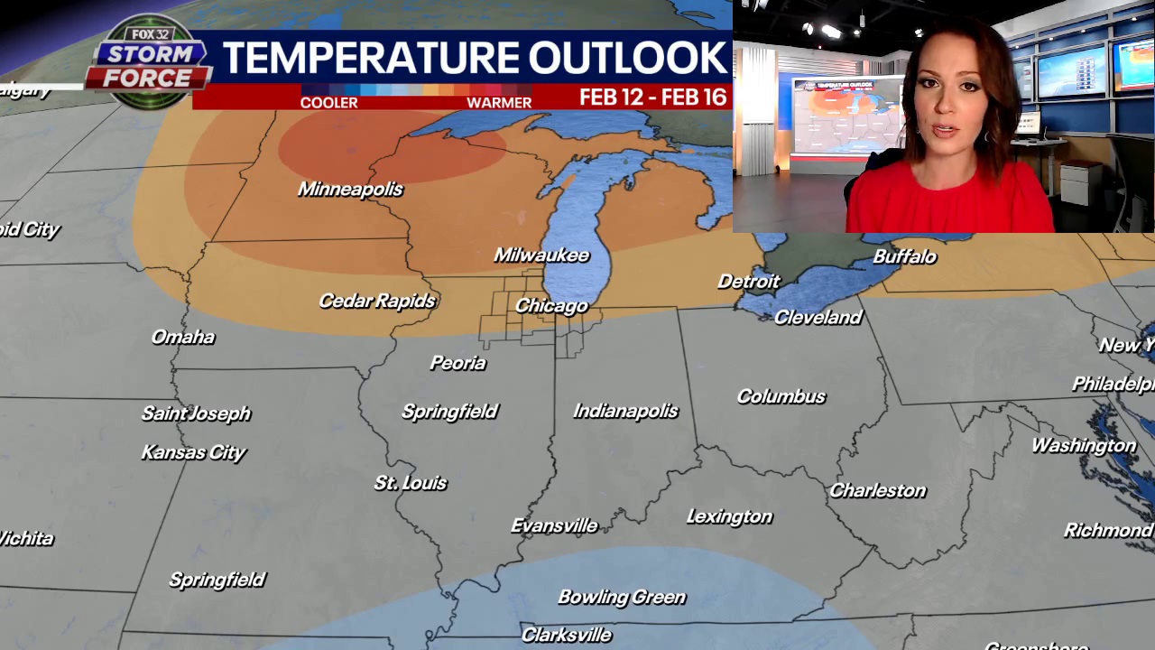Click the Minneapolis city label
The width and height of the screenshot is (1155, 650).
[350, 189]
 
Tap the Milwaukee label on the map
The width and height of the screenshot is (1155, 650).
[541, 255]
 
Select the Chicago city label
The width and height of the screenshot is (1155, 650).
[551, 306]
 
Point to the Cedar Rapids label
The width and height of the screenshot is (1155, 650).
[377, 301]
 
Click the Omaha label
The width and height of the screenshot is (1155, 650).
[183, 337]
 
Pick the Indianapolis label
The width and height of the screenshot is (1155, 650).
[625, 411]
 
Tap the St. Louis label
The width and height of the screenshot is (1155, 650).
[411, 483]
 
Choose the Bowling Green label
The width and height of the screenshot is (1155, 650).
[622, 597]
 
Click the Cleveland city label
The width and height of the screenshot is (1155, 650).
[818, 317]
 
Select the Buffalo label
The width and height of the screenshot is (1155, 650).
[904, 256]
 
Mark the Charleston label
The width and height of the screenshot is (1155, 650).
[877, 490]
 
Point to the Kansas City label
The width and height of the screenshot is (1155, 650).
[193, 452]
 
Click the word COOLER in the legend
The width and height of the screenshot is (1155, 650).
[328, 102]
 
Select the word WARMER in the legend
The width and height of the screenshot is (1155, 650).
[499, 102]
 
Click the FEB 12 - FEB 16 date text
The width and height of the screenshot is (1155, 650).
[652, 97]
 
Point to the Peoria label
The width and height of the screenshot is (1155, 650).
[457, 363]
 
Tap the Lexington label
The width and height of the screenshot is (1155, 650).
[729, 516]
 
